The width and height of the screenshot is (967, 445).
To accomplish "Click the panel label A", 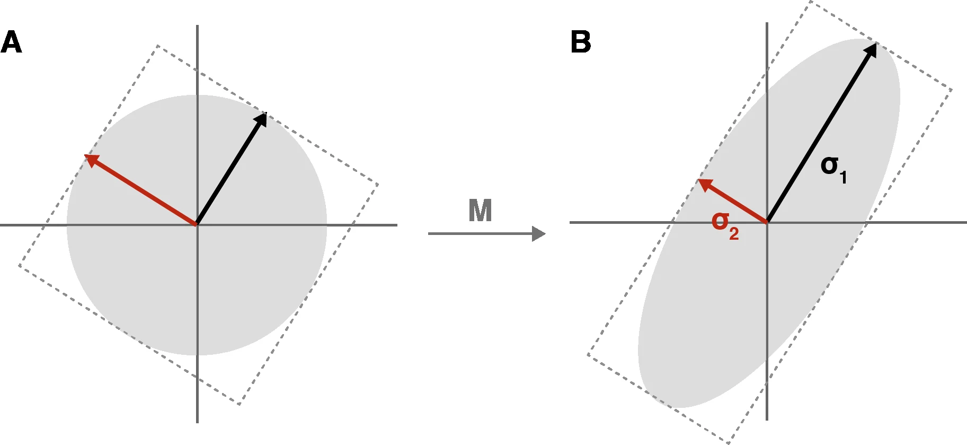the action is tap(11, 42).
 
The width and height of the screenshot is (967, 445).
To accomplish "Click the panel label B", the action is tap(581, 42).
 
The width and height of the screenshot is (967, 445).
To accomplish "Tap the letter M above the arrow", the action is tap(480, 211).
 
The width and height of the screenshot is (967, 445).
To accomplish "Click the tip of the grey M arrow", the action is tap(545, 233).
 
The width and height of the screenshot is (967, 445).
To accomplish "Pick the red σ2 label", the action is tap(725, 225).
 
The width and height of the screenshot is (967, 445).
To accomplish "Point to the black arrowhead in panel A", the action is tap(261, 119).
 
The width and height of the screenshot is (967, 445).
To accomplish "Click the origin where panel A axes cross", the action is tap(197, 225).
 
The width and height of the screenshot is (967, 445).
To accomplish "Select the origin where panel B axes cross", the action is tap(767, 222).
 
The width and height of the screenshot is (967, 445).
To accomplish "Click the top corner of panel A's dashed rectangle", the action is tap(157, 46).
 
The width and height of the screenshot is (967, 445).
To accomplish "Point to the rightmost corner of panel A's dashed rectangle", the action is tap(378, 185).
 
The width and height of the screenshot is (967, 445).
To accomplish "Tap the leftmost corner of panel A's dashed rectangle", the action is tap(19, 265).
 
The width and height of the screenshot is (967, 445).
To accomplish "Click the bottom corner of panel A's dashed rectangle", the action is tap(239, 405).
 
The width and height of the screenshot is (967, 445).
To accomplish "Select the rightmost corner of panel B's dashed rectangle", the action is tap(952, 90).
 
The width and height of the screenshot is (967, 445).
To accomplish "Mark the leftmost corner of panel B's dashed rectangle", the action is tap(588, 354).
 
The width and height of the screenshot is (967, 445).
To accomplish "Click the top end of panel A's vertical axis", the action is tap(197, 25).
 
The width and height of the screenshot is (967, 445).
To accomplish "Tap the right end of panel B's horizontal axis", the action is tap(966, 222).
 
